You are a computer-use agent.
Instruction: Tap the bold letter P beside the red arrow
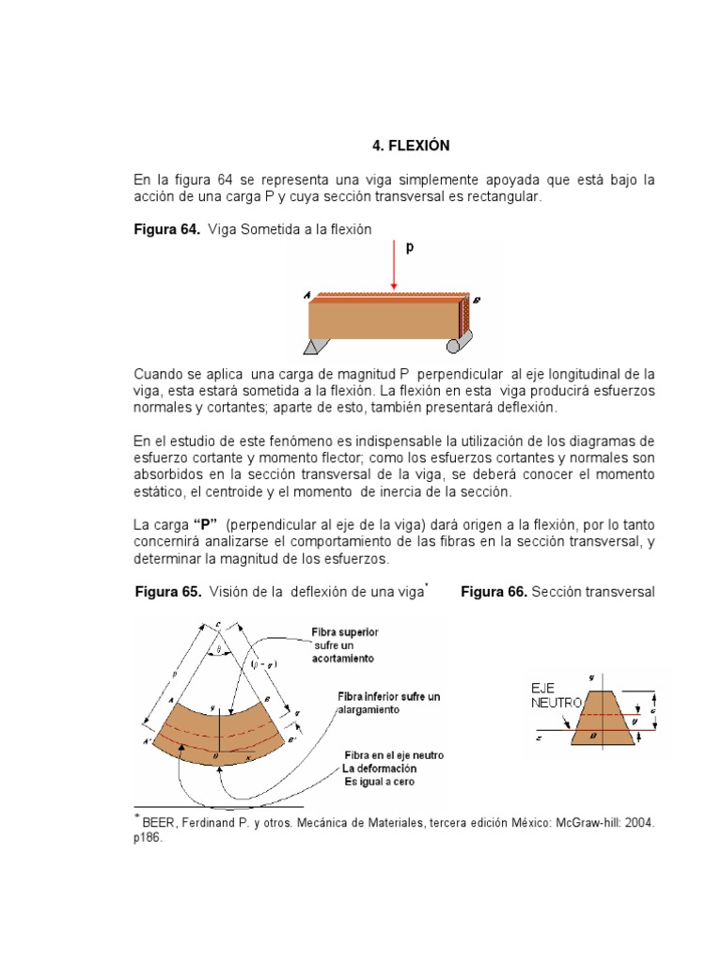click(x=409, y=248)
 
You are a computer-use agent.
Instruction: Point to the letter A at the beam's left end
click(x=307, y=295)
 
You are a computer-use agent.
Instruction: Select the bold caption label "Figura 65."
click(x=168, y=593)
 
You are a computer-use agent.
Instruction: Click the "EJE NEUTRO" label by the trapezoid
click(x=553, y=694)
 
